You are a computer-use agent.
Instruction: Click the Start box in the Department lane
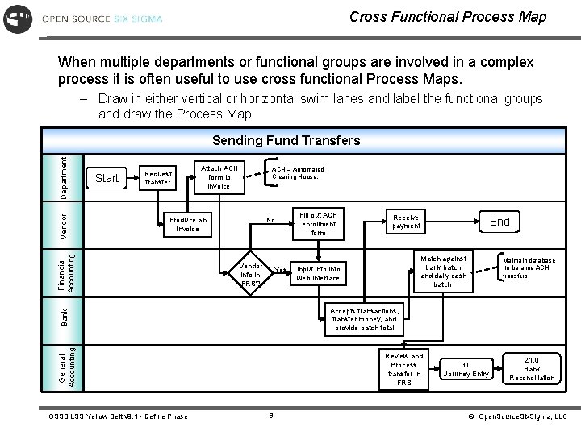coord(107,177)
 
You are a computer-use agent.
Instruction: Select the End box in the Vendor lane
coord(499,222)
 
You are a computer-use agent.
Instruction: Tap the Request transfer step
coord(157,178)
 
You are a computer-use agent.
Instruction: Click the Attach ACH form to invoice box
coord(219,177)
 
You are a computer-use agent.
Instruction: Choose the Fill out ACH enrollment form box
coord(318,223)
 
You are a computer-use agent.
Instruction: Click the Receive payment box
coord(406,222)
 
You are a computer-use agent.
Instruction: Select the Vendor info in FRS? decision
coord(251,275)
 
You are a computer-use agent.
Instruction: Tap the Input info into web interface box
coord(318,273)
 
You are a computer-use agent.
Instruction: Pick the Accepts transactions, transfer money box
coord(364,319)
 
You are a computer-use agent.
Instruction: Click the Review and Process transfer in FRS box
coord(403,369)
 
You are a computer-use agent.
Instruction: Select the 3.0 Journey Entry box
coord(466,368)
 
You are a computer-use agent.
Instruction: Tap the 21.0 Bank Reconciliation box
coord(532,368)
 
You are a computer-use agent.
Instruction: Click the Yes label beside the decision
coord(281,270)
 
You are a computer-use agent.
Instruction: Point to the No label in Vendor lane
coord(271,220)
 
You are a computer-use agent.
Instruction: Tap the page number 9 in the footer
coord(271,416)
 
